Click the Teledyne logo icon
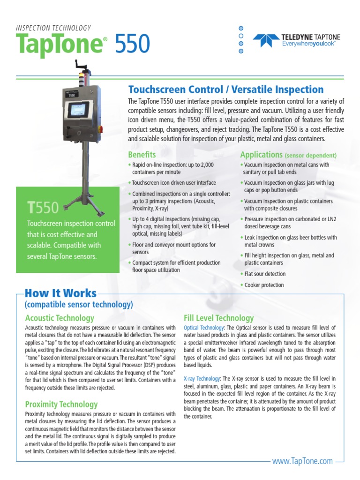(263, 40)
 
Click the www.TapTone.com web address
(302, 461)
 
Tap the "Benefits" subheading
(142, 154)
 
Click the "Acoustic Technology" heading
(59, 318)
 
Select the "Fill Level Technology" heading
(219, 318)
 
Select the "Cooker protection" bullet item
(263, 285)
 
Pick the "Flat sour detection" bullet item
(264, 274)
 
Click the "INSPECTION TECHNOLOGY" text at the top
(53, 28)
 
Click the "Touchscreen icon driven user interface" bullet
(173, 183)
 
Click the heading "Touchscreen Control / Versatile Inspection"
(226, 90)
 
